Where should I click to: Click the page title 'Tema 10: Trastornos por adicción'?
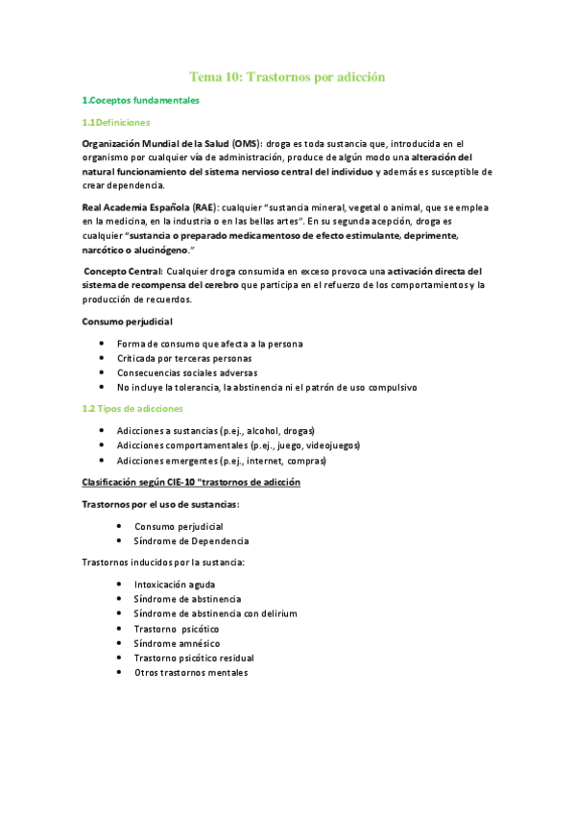(287, 76)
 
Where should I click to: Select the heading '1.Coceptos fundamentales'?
(141, 100)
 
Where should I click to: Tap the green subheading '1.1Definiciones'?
(115, 122)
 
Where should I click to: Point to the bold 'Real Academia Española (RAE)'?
(149, 206)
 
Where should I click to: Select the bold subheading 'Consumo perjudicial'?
(128, 321)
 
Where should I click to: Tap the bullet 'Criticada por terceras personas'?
(184, 357)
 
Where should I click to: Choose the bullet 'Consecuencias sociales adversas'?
(187, 372)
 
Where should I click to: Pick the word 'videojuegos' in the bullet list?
(333, 445)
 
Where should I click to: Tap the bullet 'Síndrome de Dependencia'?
(191, 541)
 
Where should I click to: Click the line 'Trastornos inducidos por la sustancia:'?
(163, 562)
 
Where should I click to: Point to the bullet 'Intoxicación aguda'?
(175, 584)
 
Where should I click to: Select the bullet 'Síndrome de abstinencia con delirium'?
(216, 613)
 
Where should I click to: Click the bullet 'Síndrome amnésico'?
(178, 643)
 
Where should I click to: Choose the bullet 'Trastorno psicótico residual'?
(194, 658)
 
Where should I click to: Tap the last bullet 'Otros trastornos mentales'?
(191, 673)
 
